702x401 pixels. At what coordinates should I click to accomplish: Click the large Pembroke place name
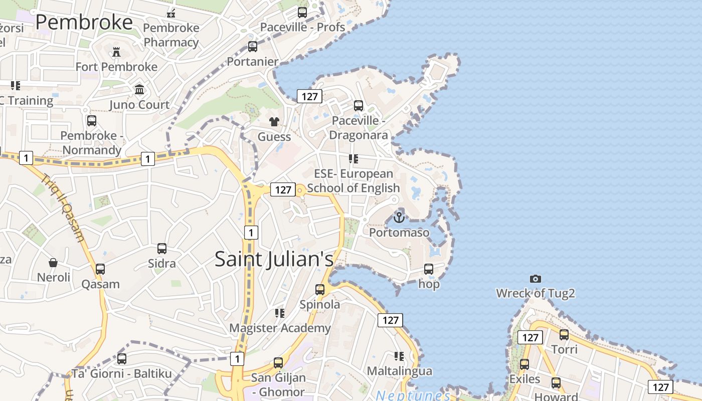point(84,23)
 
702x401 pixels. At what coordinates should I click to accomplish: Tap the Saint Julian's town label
point(274,259)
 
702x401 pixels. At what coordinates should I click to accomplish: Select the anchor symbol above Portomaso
point(399,218)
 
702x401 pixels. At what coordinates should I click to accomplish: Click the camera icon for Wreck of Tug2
point(535,279)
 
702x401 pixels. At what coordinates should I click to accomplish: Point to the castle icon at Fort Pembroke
point(116,52)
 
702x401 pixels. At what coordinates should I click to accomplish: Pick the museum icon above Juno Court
point(139,90)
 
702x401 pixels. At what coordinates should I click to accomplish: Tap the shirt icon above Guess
point(274,121)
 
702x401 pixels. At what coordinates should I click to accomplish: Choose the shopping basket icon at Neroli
point(53,263)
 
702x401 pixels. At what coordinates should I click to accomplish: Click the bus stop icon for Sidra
point(161,249)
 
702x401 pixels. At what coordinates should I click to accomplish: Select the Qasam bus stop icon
point(100,269)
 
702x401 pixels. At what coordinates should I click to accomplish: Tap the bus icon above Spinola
point(319,289)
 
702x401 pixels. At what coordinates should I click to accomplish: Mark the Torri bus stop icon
point(564,334)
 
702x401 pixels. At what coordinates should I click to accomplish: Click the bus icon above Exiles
point(524,364)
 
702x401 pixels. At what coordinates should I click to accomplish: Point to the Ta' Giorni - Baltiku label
point(121,374)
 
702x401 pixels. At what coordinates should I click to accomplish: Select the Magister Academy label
point(280,328)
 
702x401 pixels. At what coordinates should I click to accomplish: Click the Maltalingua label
point(399,371)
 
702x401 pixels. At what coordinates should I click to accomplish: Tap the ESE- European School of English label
point(354,181)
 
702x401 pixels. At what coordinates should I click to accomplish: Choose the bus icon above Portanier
point(253,47)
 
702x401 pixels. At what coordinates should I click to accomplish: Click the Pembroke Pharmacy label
point(171,35)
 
